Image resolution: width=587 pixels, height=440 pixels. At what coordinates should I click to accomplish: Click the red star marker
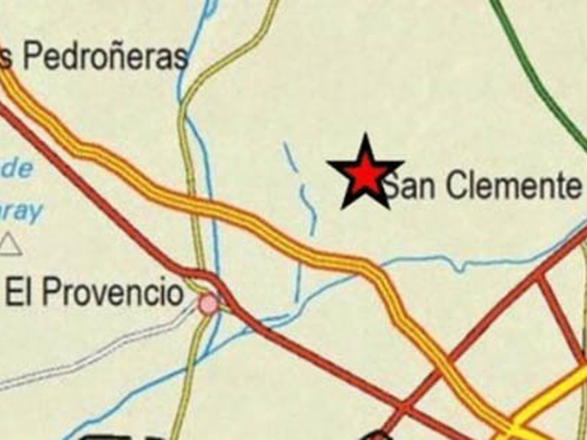pos(365,174)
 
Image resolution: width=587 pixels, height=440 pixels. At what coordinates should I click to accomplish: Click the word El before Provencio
pos(18,293)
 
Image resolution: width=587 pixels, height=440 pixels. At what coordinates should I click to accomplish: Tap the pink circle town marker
pos(209,304)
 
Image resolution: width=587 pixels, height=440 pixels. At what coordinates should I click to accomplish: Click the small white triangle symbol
pos(10,244)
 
